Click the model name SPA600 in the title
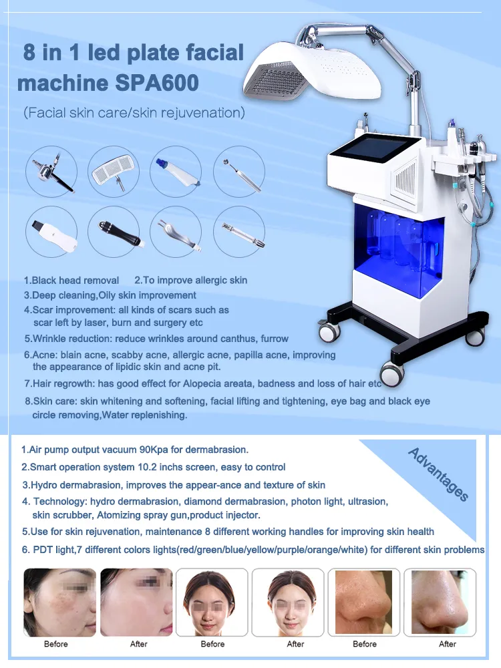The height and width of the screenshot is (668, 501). pos(156,82)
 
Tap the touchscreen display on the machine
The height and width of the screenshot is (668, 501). pos(371,156)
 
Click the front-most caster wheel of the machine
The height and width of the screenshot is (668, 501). pos(391,373)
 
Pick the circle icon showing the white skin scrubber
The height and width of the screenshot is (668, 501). pos(51,231)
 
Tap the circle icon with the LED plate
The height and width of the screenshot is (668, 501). pos(114,171)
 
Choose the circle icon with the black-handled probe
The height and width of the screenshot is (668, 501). pos(114,231)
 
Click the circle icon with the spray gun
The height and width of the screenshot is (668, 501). pos(51,171)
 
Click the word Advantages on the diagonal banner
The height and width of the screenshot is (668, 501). pos(438,474)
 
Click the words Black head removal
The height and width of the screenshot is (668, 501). pos(75,281)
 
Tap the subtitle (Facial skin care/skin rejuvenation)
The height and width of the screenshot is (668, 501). pos(134,113)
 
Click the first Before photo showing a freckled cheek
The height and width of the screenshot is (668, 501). pos(59,603)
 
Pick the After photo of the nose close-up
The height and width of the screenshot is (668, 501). pos(440,603)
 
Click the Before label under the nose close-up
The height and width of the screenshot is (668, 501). pos(365,644)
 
